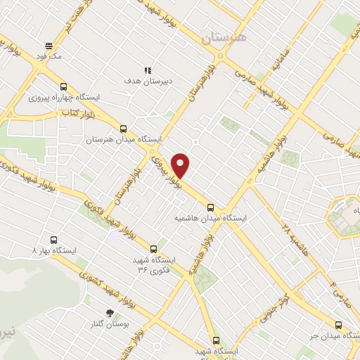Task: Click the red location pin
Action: tap(181, 165)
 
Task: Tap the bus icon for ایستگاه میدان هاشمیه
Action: tap(211, 207)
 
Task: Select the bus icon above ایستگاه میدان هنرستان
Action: tap(124, 129)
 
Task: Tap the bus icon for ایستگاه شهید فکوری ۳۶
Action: tap(154, 248)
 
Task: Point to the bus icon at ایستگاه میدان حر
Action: tap(338, 325)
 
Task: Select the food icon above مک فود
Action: tap(47, 42)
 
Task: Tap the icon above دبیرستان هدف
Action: tap(148, 70)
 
